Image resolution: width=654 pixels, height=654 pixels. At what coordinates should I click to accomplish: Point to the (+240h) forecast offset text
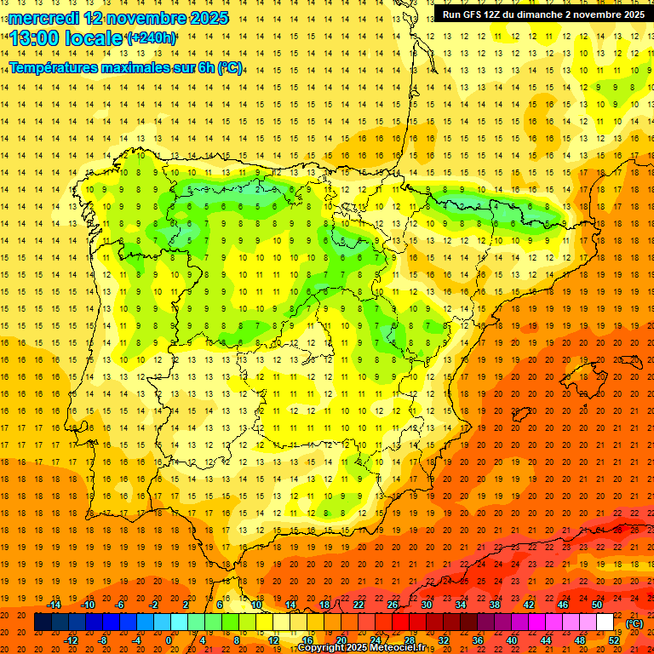point(151,38)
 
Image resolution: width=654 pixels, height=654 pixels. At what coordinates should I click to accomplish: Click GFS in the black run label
point(473,14)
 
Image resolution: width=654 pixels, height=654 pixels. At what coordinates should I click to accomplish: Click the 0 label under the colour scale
point(169,640)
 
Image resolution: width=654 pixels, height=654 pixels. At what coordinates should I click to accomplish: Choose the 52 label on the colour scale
point(614,640)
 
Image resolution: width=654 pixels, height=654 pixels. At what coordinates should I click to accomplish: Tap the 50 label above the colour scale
point(597,605)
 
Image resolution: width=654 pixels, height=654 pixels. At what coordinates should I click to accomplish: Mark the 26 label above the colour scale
point(393,605)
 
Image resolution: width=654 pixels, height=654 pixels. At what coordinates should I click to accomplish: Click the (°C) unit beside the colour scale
point(634,622)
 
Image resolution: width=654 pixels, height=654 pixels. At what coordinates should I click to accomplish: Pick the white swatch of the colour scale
point(605,622)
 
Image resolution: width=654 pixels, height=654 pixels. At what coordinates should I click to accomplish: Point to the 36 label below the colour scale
point(478,640)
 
